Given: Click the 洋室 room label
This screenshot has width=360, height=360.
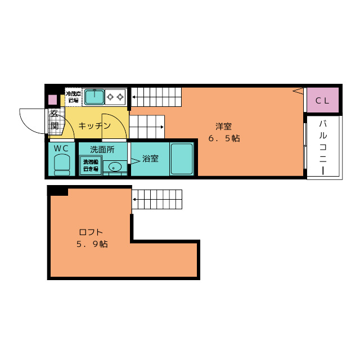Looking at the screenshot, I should pyautogui.click(x=223, y=127).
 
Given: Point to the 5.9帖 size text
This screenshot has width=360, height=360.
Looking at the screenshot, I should pyautogui.click(x=92, y=244).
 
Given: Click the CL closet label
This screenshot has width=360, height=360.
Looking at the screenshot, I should pyautogui.click(x=322, y=101).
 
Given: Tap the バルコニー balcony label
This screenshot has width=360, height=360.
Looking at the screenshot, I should pyautogui.click(x=323, y=146).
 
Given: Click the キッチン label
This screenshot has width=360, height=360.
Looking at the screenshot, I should pyautogui.click(x=94, y=125).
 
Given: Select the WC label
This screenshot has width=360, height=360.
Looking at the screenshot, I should pyautogui.click(x=61, y=148).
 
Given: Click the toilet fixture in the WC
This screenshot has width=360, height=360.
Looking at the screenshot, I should pyautogui.click(x=62, y=165).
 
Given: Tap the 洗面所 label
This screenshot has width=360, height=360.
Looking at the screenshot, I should pyautogui.click(x=102, y=150).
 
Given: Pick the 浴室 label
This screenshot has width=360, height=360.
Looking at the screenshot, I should pyautogui.click(x=150, y=159).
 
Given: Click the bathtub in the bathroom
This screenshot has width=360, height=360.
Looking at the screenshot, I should pyautogui.click(x=182, y=159).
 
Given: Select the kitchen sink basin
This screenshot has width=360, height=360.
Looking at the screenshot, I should pyautogui.click(x=94, y=97).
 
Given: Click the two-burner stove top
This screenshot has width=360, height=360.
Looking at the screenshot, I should pyautogui.click(x=115, y=97).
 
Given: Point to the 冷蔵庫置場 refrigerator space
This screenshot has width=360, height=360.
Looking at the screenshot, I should pyautogui.click(x=73, y=97).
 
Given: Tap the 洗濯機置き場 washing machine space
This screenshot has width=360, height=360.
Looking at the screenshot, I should pyautogui.click(x=91, y=165).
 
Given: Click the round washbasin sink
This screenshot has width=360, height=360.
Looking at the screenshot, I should pyautogui.click(x=115, y=166).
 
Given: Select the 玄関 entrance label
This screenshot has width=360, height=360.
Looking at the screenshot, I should pyautogui.click(x=55, y=119).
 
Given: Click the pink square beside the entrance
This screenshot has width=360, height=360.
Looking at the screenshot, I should pyautogui.click(x=52, y=100).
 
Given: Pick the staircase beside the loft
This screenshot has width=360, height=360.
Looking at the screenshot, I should pyautogui.click(x=157, y=200).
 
